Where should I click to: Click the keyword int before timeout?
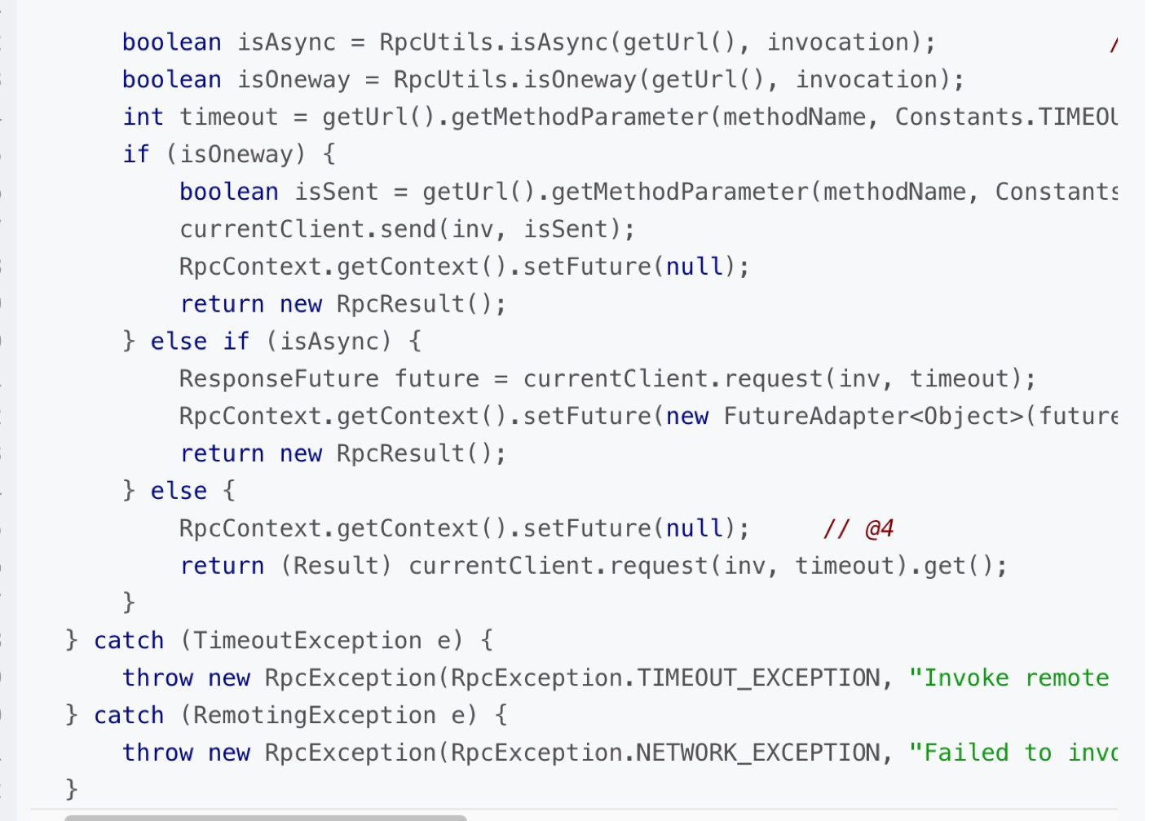tap(143, 117)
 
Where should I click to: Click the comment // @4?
tap(858, 529)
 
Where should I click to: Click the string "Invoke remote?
tap(1008, 678)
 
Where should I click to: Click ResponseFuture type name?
tap(279, 379)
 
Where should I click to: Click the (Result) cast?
tap(336, 567)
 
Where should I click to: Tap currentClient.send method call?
tap(309, 230)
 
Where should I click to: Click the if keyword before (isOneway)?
tap(136, 155)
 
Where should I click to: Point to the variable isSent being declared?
tap(336, 192)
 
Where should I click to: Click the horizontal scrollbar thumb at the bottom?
tap(265, 817)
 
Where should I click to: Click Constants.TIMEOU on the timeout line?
tap(1006, 117)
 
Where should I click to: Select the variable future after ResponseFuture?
tap(437, 379)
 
